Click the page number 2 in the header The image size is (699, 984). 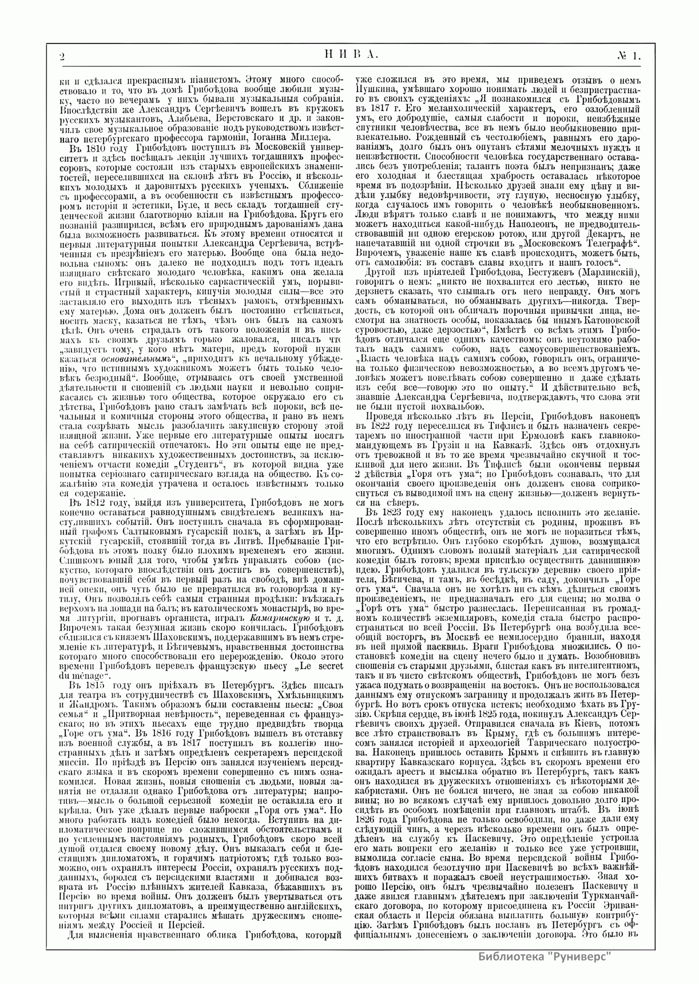coord(62,55)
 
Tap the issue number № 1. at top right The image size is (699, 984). coord(630,55)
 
